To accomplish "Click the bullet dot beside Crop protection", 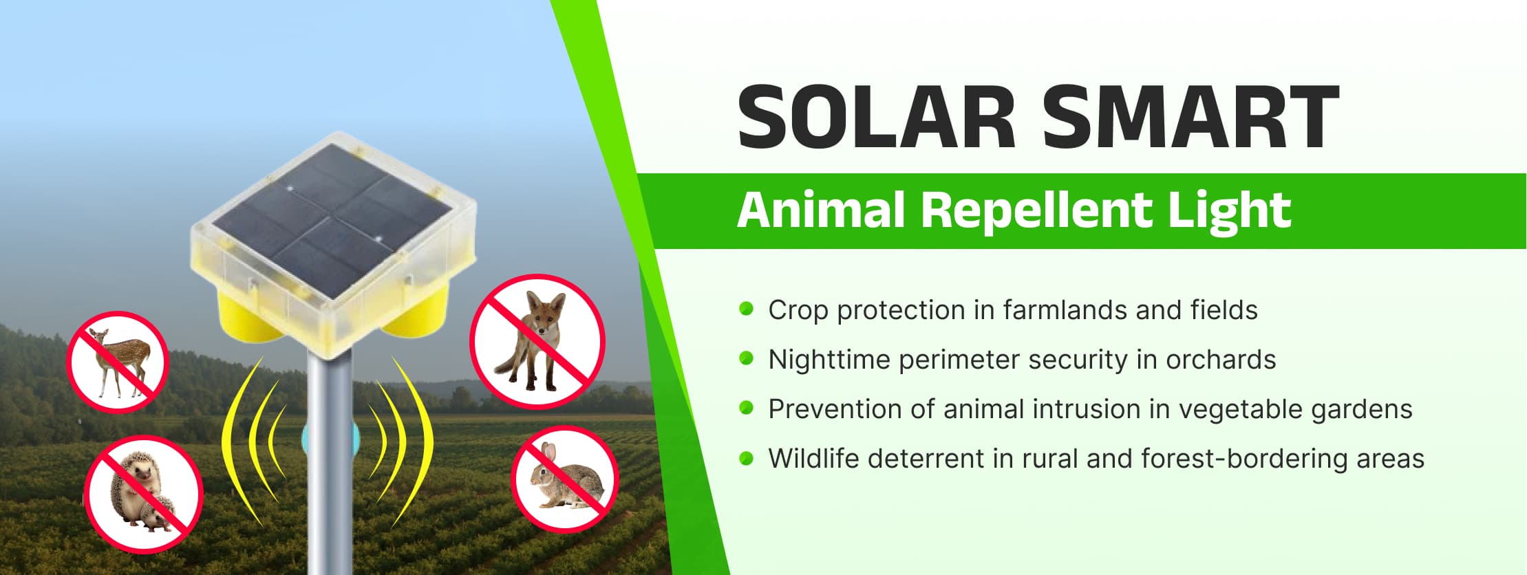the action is coord(746,308).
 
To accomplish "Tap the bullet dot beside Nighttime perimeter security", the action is coord(746,358).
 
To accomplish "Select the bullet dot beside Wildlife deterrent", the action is coord(746,457).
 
